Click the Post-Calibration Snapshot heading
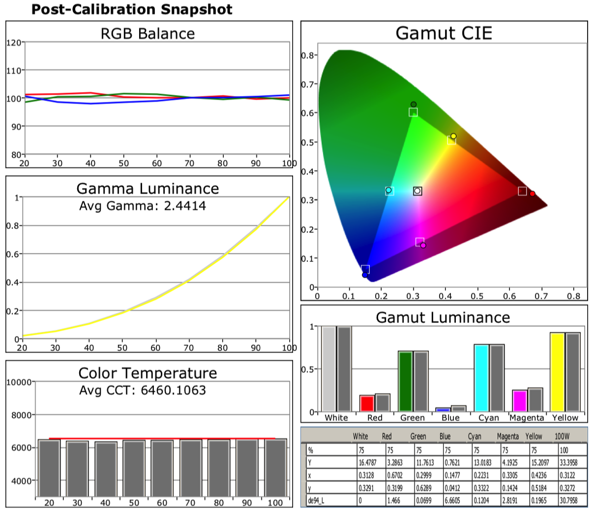point(132,9)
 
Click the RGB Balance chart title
point(148,34)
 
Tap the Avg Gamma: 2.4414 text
point(143,205)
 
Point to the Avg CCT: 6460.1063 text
point(143,390)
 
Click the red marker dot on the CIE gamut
point(533,194)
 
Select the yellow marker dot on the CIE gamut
point(453,136)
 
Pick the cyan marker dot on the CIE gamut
point(389,190)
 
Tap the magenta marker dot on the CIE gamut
point(423,245)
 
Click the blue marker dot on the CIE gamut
point(365,275)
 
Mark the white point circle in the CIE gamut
point(417,191)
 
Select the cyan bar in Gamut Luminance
point(481,378)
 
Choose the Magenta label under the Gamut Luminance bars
point(527,418)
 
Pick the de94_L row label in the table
point(316,501)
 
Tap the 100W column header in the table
point(562,436)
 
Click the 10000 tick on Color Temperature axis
point(20,382)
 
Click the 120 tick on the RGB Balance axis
point(14,43)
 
